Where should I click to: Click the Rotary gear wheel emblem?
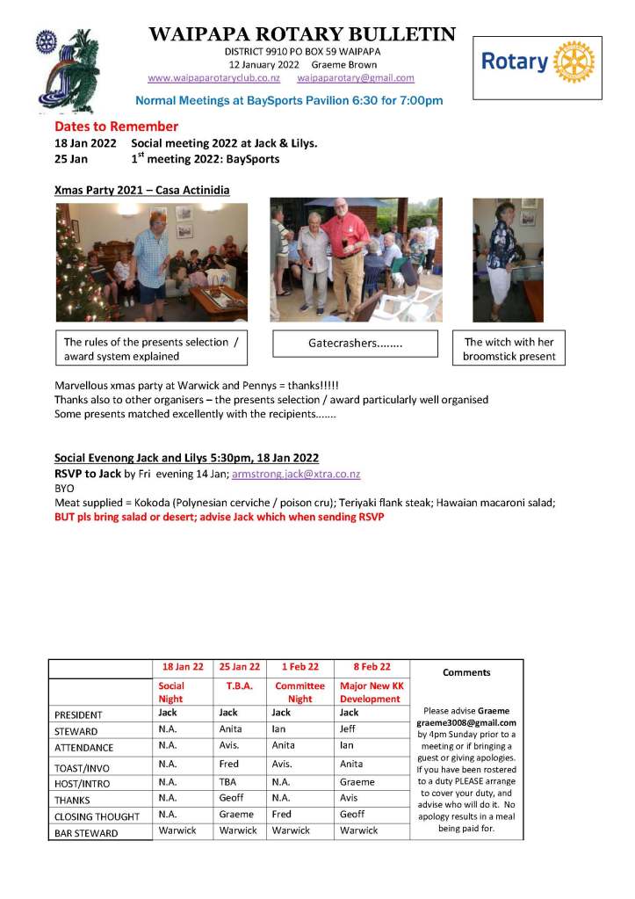tap(575, 62)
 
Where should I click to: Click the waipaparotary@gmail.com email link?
tap(356, 78)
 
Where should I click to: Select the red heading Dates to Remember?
tap(116, 127)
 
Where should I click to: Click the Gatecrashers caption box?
tap(355, 344)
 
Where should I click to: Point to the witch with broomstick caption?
tap(509, 349)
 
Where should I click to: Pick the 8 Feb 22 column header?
tap(365, 667)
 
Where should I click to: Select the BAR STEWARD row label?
tap(86, 833)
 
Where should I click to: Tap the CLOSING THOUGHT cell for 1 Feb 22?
tap(280, 814)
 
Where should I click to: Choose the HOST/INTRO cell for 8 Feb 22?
tap(357, 781)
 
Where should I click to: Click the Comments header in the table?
tap(466, 673)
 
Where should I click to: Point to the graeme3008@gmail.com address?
tap(466, 722)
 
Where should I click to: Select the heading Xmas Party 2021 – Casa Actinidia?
tap(142, 189)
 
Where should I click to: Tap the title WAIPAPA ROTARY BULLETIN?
tap(302, 35)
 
